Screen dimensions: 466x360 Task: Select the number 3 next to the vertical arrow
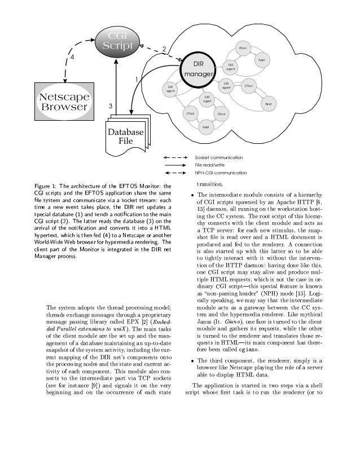click(111, 106)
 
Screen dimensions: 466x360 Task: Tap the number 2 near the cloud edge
click(164, 50)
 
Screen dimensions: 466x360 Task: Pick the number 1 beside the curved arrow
click(136, 78)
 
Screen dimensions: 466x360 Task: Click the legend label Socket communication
click(219, 156)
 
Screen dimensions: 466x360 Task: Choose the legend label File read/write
click(210, 164)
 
